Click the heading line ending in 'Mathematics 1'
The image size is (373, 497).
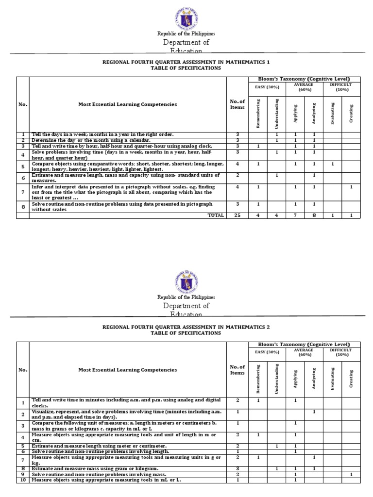tap(185, 62)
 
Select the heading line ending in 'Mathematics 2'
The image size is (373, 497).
tap(185, 327)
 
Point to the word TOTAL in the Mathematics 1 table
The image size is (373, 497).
tap(216, 215)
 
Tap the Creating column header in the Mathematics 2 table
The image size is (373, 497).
tap(351, 378)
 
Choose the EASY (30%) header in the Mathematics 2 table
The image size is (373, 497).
tap(267, 351)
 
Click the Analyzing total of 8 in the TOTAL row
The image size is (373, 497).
tap(314, 215)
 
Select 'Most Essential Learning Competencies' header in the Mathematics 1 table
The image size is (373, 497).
tap(128, 104)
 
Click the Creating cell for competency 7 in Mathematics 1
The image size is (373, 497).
tap(351, 187)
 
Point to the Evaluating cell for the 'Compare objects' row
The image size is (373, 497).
tap(333, 164)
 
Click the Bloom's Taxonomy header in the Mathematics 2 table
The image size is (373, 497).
tap(304, 344)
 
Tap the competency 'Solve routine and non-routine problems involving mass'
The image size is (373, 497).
tap(99, 474)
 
